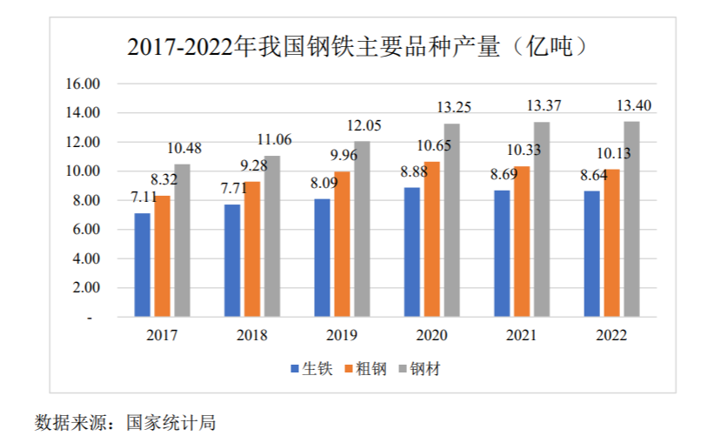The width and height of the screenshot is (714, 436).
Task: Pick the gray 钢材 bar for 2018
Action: tap(271, 236)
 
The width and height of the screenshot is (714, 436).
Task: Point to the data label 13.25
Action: tap(453, 108)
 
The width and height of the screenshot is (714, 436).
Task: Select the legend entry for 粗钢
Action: tap(365, 368)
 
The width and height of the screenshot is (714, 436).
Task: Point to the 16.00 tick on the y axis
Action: tap(84, 84)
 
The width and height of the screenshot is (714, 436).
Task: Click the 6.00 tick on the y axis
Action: tap(88, 230)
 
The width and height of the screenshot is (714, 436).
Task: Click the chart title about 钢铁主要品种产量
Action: tap(357, 46)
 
